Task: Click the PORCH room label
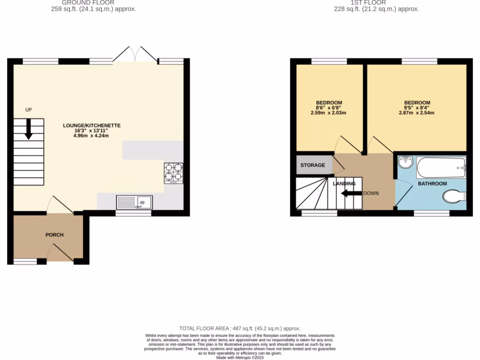coord(54,235)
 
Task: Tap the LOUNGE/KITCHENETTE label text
coord(92,126)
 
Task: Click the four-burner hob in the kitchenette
coord(173,172)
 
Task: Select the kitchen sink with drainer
coord(134,202)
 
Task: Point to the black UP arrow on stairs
coord(29,129)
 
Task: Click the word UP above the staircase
coord(29,110)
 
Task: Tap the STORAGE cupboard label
coord(313,165)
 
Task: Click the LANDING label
coord(344,184)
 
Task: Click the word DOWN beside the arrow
coord(371,193)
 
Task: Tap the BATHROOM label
coord(432,184)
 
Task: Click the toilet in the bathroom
coord(454,197)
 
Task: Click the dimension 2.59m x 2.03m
coord(329,112)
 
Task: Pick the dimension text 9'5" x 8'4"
coord(417,108)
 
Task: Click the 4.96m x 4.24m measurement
coord(92,136)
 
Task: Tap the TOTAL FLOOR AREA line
coord(240,329)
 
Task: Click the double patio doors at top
coord(135,54)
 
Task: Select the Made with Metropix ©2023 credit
coord(240,357)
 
